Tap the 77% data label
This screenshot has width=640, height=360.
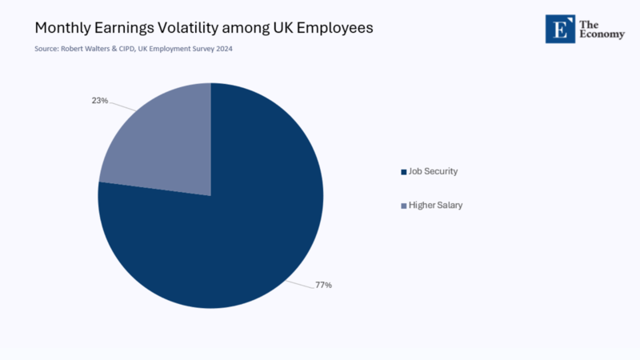coord(323,285)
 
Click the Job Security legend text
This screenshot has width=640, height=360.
coord(433,171)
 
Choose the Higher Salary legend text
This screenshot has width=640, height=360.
coord(435,206)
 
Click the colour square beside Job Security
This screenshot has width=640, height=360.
coord(402,172)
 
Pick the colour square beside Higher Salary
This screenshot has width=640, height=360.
coord(402,206)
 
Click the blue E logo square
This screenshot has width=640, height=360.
coord(560,29)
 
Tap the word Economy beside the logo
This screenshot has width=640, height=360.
coord(602,34)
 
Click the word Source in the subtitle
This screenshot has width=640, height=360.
coord(44,49)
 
